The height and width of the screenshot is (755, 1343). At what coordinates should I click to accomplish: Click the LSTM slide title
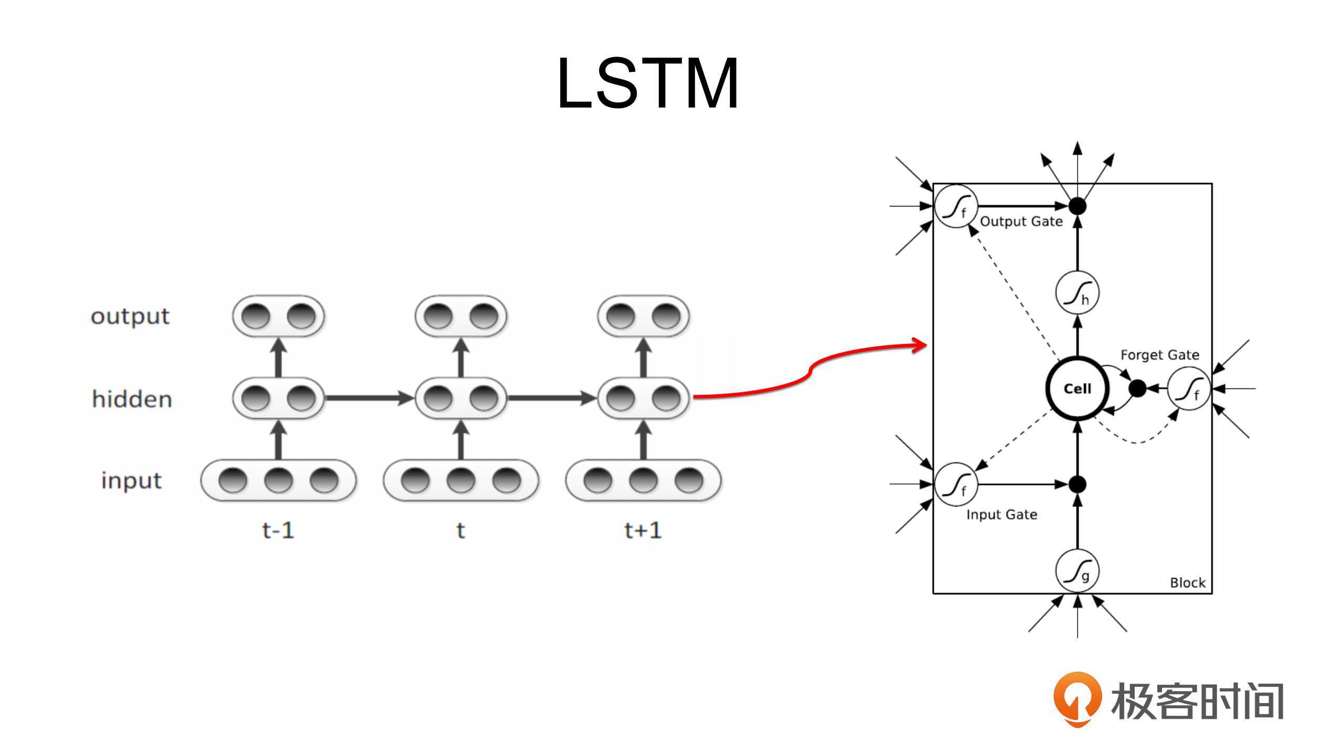click(x=648, y=84)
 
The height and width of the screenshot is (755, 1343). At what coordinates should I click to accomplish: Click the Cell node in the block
click(x=1077, y=389)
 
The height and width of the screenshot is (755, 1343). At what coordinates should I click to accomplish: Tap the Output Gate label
click(x=1021, y=221)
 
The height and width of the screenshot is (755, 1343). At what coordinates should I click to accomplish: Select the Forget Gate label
click(x=1159, y=355)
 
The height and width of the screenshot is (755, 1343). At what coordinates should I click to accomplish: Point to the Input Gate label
click(x=1001, y=514)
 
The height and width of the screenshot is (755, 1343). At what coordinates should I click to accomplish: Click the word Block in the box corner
click(x=1187, y=583)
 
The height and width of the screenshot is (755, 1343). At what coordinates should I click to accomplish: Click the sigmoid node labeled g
click(x=1077, y=571)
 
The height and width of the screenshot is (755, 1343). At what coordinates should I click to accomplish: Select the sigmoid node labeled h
click(x=1077, y=293)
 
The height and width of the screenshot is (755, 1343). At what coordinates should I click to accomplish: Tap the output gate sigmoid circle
click(x=956, y=207)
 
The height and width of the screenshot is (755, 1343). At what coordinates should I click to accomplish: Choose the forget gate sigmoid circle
click(x=1189, y=389)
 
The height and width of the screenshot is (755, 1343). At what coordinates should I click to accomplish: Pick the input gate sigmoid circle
click(x=956, y=484)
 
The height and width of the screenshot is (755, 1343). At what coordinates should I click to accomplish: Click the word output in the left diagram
click(x=130, y=316)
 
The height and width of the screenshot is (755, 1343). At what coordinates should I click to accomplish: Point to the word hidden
click(x=132, y=399)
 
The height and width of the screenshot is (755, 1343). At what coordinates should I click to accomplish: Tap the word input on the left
click(x=131, y=481)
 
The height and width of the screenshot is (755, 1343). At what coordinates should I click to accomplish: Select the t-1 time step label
click(x=278, y=531)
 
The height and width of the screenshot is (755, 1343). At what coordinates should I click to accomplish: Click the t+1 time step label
click(x=643, y=531)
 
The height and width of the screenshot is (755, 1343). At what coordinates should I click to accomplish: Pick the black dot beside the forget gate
click(x=1137, y=389)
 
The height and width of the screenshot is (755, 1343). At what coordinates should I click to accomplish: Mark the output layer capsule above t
click(x=461, y=316)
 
